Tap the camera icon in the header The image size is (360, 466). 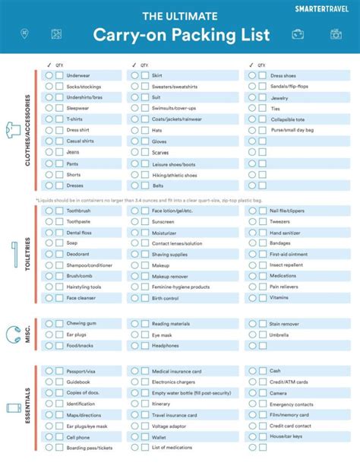tap(335, 34)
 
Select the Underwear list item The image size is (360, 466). tap(78, 76)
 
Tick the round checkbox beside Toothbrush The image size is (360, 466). tap(49, 210)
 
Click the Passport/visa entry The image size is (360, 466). tap(81, 370)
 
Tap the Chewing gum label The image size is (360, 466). tap(81, 324)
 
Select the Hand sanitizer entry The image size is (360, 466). tap(286, 232)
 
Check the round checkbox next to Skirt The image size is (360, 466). tap(134, 76)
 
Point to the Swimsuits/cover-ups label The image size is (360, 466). tap(174, 109)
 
